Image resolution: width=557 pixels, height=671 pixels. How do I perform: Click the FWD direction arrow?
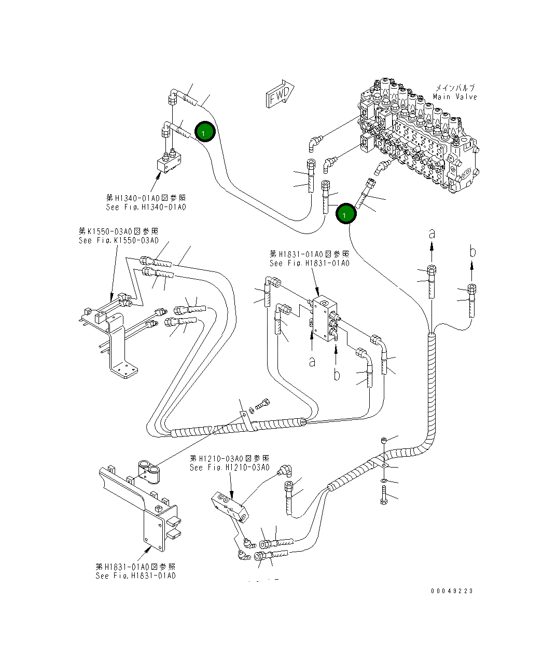[280, 94]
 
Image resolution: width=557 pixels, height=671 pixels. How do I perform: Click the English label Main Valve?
[454, 97]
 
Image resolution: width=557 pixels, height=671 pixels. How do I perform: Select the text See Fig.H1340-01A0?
[146, 207]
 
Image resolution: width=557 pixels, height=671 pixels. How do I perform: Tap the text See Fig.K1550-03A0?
[118, 240]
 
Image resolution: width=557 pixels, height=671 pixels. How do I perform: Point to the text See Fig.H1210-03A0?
[229, 468]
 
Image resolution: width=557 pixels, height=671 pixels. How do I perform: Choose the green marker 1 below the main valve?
[345, 214]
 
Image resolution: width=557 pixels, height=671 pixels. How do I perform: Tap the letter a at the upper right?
[431, 234]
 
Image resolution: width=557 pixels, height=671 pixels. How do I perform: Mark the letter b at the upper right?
[472, 252]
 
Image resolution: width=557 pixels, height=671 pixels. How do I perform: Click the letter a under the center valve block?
[312, 362]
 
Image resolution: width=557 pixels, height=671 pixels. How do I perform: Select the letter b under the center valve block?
[337, 374]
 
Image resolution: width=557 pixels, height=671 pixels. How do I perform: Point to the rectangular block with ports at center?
[324, 319]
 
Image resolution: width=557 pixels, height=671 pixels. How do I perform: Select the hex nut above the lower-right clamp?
[383, 440]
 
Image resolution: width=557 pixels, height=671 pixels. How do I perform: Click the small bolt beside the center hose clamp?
[264, 402]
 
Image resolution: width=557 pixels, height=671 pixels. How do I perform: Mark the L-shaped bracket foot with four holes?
[124, 371]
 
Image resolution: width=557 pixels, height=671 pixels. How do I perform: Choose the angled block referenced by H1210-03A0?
[230, 506]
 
